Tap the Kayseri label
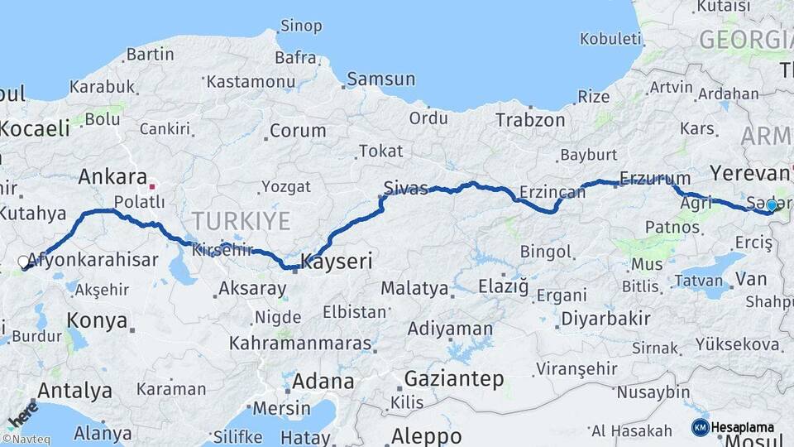336,262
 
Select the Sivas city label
406,187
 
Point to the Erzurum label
655,178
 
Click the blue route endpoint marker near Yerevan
772,204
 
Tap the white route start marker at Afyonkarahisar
23,262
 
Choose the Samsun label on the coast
380,79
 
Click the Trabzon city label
530,120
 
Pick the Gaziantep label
454,379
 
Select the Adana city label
323,382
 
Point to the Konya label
97,320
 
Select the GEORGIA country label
744,39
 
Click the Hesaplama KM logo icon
701,427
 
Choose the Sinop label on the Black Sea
301,26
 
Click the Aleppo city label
427,435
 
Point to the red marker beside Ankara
152,187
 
